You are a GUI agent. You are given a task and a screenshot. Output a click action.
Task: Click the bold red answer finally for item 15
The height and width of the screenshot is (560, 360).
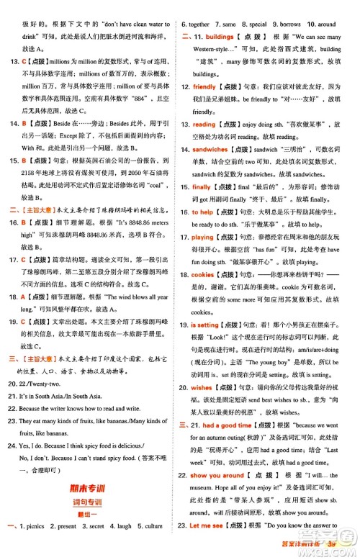[202, 186]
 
